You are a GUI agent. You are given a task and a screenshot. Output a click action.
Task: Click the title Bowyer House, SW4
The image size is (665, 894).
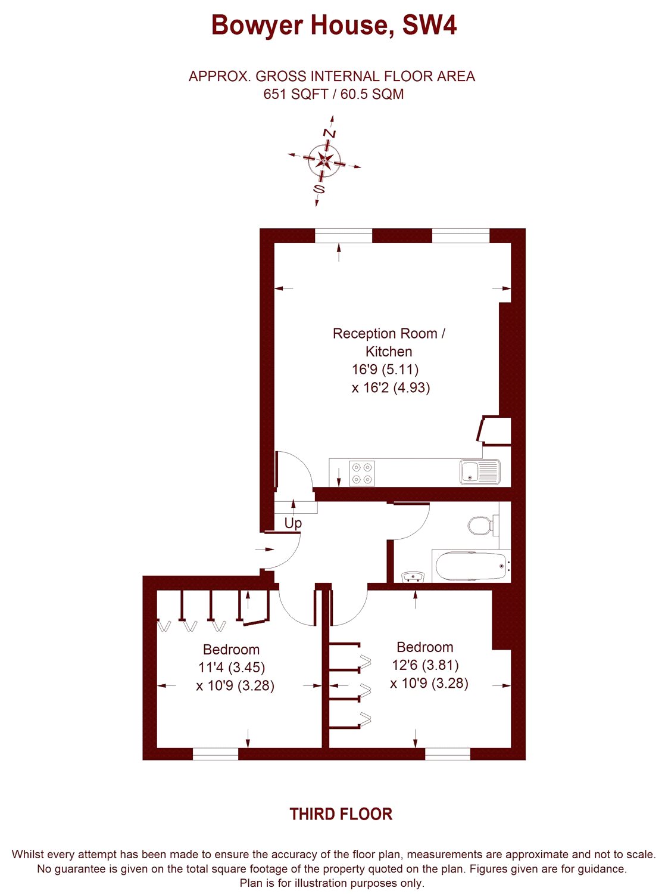(x=334, y=26)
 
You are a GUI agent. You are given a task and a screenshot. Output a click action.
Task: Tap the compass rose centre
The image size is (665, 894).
(x=324, y=161)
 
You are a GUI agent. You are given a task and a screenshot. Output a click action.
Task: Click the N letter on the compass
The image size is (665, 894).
(x=329, y=134)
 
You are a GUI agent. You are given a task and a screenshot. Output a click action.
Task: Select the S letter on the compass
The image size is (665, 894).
(x=319, y=188)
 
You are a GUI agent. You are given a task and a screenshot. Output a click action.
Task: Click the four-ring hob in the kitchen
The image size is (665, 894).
(x=362, y=473)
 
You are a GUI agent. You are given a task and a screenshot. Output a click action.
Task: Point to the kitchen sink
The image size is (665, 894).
(x=480, y=471)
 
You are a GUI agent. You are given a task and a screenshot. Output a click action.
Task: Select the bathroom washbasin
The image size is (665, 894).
(x=413, y=576)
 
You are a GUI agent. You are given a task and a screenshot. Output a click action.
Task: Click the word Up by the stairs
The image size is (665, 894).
(x=293, y=523)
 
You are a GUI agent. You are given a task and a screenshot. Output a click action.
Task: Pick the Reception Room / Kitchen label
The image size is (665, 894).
(x=389, y=342)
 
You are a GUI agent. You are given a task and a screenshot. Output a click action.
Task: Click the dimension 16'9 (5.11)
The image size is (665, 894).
(x=385, y=369)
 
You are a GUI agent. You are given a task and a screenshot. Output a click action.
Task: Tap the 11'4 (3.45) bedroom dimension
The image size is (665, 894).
(x=232, y=668)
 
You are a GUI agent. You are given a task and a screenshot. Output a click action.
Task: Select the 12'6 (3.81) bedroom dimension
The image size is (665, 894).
(x=425, y=665)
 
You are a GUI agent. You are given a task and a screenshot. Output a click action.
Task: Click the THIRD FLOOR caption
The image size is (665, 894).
(x=341, y=814)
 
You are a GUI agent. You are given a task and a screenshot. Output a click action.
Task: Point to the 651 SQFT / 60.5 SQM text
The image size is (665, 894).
(x=333, y=94)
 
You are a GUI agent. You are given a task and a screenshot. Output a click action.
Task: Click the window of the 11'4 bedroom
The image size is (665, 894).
(x=216, y=754)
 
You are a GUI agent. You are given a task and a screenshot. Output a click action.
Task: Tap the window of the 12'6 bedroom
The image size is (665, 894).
(x=448, y=754)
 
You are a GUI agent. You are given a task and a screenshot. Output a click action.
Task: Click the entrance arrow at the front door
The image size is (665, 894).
(x=264, y=549)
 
